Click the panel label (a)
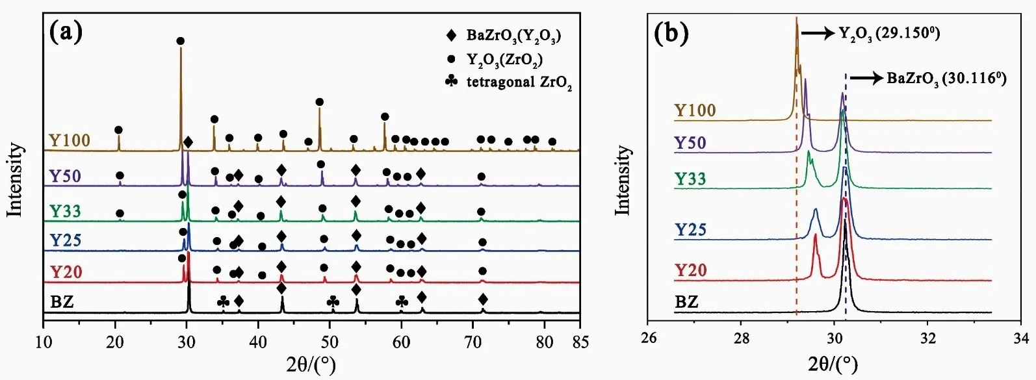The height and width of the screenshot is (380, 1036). click(66, 32)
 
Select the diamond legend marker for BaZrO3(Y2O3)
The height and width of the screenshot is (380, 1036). click(452, 36)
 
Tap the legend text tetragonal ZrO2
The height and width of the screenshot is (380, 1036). click(519, 83)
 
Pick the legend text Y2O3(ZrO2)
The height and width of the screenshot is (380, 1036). click(504, 60)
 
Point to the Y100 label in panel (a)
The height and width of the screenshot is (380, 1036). click(69, 140)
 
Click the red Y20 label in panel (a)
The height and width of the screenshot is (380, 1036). click(66, 271)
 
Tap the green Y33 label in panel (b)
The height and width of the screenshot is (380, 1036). click(690, 178)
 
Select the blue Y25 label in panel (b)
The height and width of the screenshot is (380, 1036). click(690, 229)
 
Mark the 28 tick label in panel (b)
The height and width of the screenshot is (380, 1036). click(742, 337)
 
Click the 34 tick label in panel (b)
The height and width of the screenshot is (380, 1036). click(1021, 337)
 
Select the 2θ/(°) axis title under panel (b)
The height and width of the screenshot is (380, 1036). click(834, 364)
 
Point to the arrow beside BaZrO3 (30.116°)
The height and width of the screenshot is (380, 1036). click(867, 79)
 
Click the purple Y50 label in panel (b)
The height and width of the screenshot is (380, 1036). click(690, 142)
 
